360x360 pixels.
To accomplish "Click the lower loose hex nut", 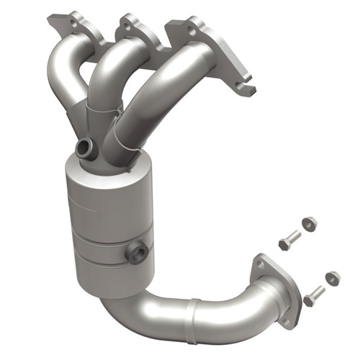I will click(x=332, y=278).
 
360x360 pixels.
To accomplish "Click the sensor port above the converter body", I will click(x=85, y=150).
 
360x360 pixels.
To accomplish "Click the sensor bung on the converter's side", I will click(x=138, y=251).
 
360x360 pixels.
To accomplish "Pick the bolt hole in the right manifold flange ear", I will click(x=191, y=30).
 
